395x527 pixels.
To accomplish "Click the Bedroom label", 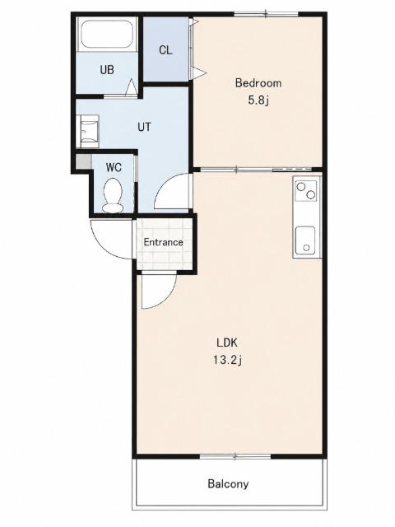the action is [x=258, y=82].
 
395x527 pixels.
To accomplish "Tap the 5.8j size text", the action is [x=258, y=100].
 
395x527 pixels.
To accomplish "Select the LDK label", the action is [x=227, y=343].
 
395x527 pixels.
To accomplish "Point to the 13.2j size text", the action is [x=227, y=360].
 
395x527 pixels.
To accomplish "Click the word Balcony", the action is [x=228, y=483].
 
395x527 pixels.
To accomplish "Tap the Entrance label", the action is [x=163, y=242].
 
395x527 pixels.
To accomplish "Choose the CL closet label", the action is [x=165, y=50].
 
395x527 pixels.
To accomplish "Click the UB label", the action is [x=107, y=70].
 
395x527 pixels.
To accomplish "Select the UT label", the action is [x=144, y=127].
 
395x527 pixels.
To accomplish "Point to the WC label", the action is [x=114, y=167].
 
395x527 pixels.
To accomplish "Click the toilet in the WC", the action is [x=113, y=195].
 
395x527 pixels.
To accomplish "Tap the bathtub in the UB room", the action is [x=107, y=34].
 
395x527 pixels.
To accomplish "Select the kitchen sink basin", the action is [x=305, y=240].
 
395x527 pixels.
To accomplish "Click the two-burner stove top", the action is [x=305, y=190].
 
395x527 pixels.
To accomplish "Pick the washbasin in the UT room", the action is [x=89, y=132].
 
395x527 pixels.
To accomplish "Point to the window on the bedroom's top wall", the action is [x=266, y=14].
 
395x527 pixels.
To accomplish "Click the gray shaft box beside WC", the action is [x=83, y=161].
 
